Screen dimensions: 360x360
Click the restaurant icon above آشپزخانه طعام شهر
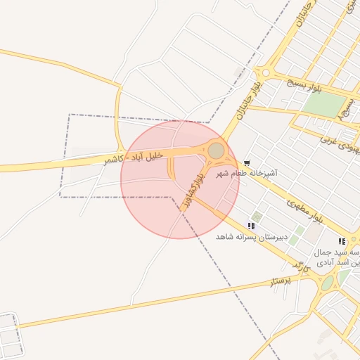coord(246,163)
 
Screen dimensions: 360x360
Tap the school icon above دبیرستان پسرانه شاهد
coord(250,226)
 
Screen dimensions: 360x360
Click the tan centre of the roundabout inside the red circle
coord(216,150)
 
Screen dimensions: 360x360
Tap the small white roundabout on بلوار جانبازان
coord(266,72)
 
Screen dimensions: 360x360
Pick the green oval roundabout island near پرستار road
coord(328,283)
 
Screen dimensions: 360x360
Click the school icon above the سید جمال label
coord(342,241)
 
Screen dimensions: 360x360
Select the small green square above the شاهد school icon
coord(257,217)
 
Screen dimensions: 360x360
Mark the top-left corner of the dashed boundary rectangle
coord(69,115)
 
